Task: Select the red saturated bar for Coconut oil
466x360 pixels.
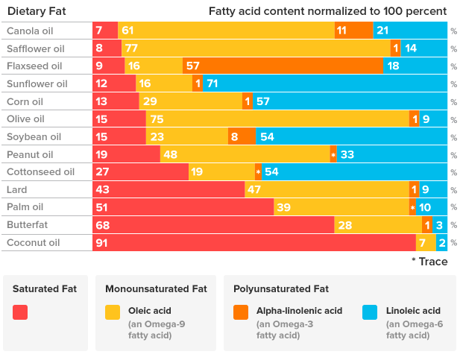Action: coord(254,243)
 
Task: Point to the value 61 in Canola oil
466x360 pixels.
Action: coord(127,30)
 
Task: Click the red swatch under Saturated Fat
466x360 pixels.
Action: coord(20,312)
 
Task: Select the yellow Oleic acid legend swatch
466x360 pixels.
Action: coord(113,312)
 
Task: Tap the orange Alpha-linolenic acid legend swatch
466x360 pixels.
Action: coord(241,312)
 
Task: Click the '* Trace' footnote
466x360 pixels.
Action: coord(429,262)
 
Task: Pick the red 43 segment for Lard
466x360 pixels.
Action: coord(169,190)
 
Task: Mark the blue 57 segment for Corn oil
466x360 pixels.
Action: coord(350,101)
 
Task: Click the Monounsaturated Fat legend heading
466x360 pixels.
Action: coord(156,288)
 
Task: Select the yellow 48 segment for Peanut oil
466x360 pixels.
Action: coord(245,155)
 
